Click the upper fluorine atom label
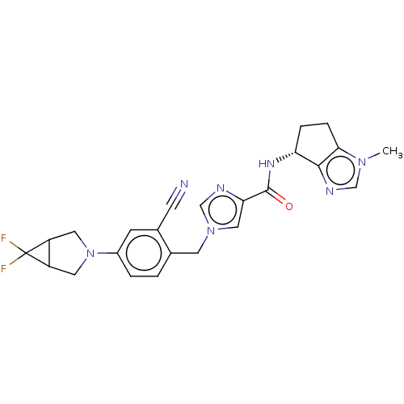3,238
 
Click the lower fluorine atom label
3,268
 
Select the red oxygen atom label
289,207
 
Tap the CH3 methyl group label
393,151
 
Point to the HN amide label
267,163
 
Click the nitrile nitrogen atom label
184,184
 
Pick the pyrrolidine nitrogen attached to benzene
90,253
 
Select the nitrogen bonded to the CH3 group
363,162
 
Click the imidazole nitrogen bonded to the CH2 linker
211,231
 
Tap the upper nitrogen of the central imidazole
221,188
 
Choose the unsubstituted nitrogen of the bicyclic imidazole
330,191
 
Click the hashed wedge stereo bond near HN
286,158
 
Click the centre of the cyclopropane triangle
41,253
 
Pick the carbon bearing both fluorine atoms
26,253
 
